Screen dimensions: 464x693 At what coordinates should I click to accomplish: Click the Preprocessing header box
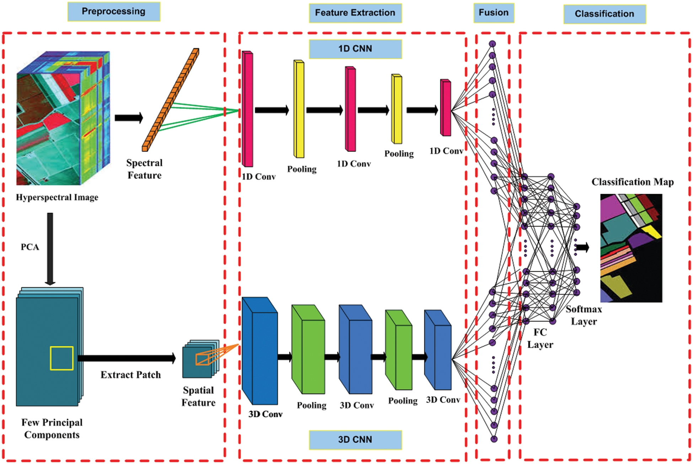pos(114,12)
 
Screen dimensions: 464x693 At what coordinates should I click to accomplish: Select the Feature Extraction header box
pos(355,13)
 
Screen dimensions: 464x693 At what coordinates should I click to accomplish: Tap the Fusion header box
pos(493,13)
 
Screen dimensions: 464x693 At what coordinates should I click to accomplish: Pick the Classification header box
pos(604,14)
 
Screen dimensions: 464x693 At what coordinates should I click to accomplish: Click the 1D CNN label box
pos(355,49)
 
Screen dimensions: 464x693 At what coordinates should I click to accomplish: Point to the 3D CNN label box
pos(355,439)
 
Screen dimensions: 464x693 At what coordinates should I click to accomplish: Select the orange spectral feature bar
pos(171,100)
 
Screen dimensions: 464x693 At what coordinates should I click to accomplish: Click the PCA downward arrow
pos(50,249)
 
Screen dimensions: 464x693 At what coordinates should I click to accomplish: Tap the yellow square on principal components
pos(61,358)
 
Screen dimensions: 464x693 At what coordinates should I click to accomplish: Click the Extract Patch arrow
pos(126,358)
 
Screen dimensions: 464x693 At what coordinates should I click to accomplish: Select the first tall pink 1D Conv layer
pos(248,110)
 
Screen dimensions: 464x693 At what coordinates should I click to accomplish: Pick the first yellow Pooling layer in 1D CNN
pos(299,109)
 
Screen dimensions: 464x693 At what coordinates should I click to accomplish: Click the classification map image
pos(631,248)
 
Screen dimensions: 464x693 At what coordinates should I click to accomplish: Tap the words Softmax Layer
pos(584,315)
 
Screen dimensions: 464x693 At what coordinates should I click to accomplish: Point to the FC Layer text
pos(540,338)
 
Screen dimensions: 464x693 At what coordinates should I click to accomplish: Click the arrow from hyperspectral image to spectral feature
pos(129,118)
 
